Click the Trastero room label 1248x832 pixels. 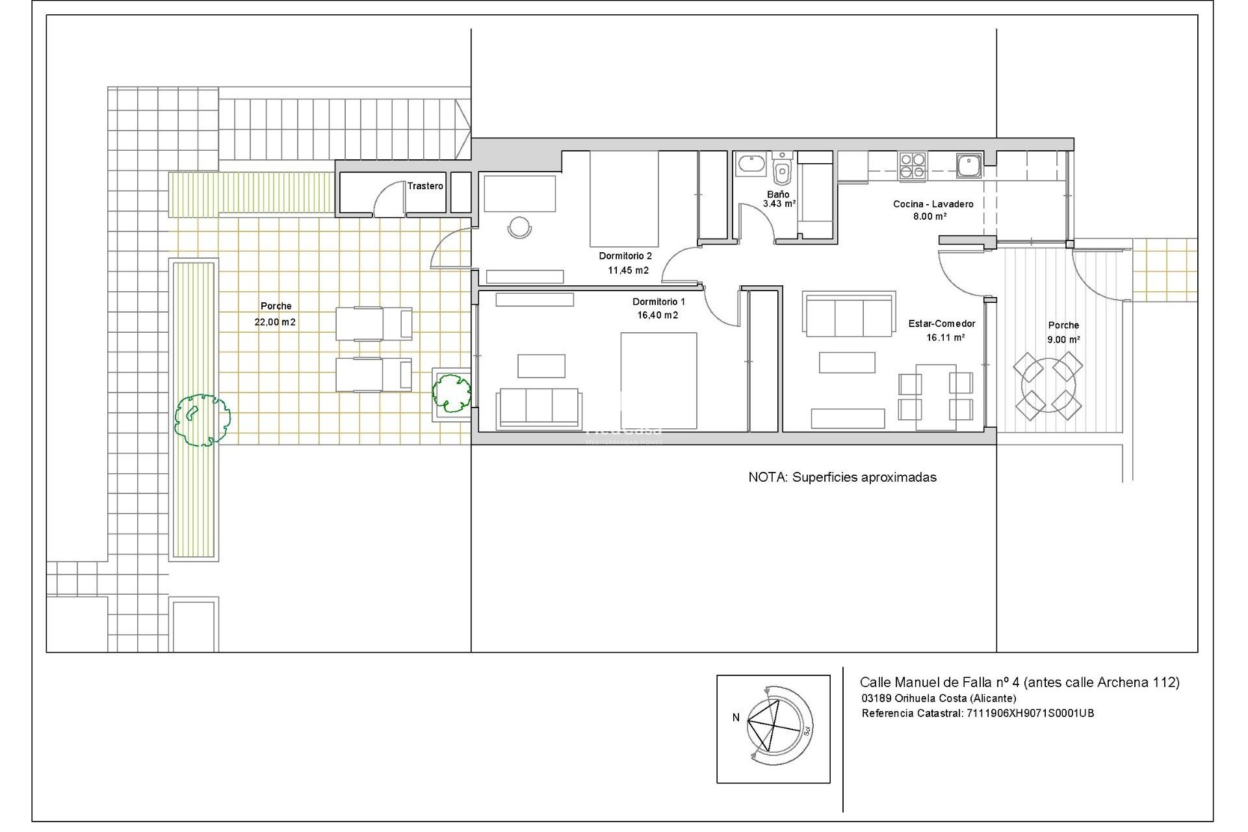(x=425, y=186)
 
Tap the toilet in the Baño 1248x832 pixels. (x=782, y=172)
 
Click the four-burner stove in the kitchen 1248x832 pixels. (x=913, y=166)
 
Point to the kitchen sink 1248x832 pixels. (x=968, y=165)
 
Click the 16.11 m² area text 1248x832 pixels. (x=945, y=337)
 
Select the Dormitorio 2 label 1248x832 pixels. (x=625, y=255)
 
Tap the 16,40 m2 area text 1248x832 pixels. (x=658, y=315)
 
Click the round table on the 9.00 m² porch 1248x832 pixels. (x=1048, y=386)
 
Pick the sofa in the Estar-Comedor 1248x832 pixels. (x=849, y=315)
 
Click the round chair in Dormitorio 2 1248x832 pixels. (x=519, y=227)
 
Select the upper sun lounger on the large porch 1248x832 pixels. (x=374, y=324)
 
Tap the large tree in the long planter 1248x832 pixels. (x=202, y=420)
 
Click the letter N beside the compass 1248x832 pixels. (x=736, y=718)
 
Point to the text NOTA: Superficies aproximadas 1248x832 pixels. (x=842, y=477)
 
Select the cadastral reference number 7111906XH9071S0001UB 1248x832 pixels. (x=1030, y=713)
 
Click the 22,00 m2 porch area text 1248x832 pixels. (x=275, y=322)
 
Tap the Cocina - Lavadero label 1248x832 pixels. (x=933, y=204)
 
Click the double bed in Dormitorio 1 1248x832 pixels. (x=658, y=381)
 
